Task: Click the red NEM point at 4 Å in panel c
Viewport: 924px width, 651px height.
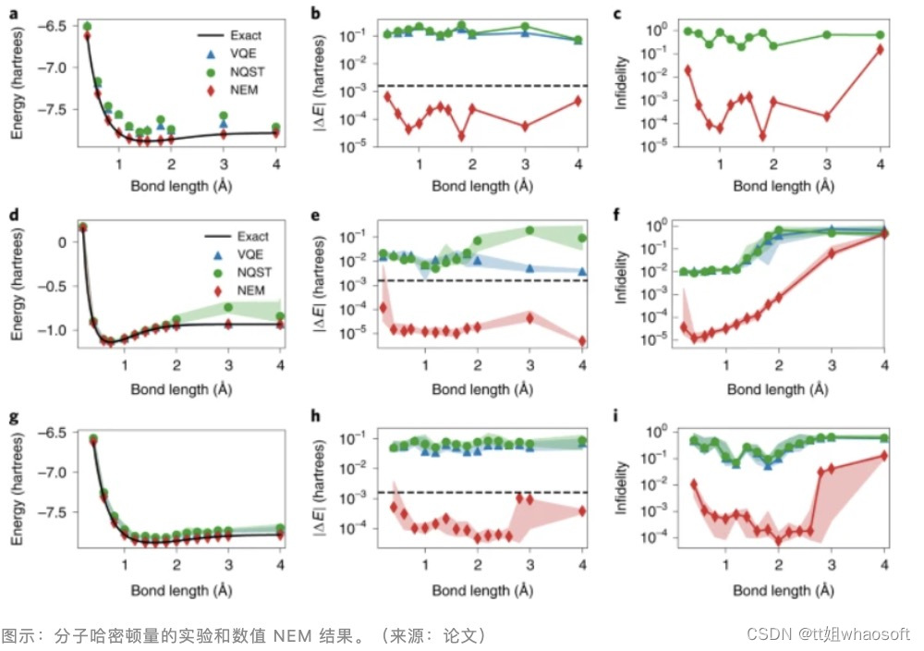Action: tap(880, 49)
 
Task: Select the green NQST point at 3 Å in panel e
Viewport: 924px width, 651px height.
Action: tap(529, 230)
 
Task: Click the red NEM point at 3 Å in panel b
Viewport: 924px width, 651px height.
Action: tap(525, 126)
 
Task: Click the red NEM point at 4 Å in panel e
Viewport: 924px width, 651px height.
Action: tap(582, 341)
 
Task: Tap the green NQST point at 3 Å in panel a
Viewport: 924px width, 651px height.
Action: tap(225, 116)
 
